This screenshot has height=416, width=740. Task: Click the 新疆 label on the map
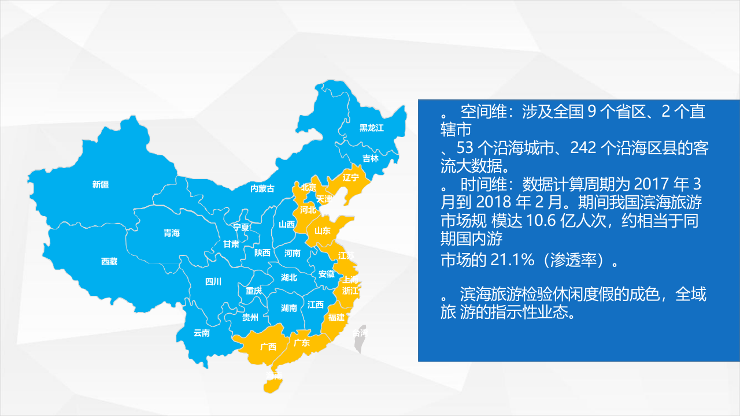point(101,185)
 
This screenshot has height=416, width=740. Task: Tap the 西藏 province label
point(109,262)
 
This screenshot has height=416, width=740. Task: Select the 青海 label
point(172,233)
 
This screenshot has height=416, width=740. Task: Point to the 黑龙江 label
point(372,128)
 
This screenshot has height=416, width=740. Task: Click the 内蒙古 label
point(262,188)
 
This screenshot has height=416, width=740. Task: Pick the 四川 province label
point(213,282)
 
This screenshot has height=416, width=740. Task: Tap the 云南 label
point(202,333)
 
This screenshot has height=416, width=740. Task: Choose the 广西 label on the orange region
point(268,347)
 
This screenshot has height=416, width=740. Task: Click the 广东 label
point(302,343)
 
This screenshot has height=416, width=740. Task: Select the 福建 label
point(336,317)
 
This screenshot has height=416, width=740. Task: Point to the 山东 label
point(323,231)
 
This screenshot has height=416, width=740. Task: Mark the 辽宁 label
point(351,177)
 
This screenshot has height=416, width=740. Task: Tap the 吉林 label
point(371,158)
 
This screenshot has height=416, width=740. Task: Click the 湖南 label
point(289,308)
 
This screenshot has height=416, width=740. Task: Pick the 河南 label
point(293,253)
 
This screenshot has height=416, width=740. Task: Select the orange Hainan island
point(272,381)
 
